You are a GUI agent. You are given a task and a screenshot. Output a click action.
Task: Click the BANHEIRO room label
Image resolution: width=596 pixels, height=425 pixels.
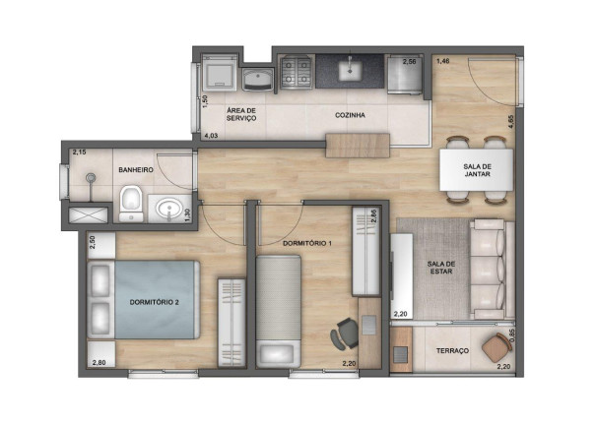136,170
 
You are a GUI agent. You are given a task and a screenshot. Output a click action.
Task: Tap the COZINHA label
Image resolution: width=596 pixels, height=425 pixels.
350,115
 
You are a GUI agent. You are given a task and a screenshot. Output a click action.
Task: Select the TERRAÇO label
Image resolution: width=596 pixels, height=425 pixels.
452,350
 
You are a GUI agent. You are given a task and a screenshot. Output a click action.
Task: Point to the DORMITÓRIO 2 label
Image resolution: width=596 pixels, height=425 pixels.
155,302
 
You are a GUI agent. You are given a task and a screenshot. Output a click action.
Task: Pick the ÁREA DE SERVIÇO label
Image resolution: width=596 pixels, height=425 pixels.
241,114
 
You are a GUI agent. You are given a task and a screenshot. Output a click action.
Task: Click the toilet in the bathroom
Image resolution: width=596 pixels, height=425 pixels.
131,205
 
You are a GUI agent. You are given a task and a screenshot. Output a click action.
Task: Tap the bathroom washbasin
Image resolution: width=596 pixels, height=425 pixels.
169,209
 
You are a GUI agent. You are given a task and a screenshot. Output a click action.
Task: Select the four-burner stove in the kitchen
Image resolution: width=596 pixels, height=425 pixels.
297,72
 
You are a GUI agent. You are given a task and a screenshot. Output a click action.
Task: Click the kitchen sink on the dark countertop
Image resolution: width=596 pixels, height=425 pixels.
350,70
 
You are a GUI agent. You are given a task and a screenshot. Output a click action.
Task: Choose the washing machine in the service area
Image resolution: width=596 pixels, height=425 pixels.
220,72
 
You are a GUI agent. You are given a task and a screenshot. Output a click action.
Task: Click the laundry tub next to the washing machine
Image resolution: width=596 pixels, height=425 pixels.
258,80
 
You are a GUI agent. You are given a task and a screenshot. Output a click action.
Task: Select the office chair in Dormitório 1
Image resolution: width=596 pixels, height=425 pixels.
345,334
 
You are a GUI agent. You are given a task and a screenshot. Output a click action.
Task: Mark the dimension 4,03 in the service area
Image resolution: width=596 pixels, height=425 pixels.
212,136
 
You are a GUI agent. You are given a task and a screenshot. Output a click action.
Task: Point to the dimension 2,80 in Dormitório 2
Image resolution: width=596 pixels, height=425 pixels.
99,363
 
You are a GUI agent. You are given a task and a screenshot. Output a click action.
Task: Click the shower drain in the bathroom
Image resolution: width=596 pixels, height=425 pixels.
91,177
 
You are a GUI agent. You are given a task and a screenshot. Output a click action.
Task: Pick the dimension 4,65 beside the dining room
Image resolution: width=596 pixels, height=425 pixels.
511,122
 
